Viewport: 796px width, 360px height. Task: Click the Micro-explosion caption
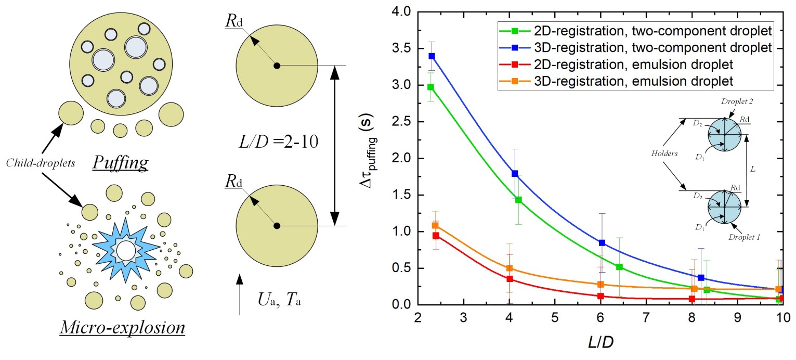tap(123, 328)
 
